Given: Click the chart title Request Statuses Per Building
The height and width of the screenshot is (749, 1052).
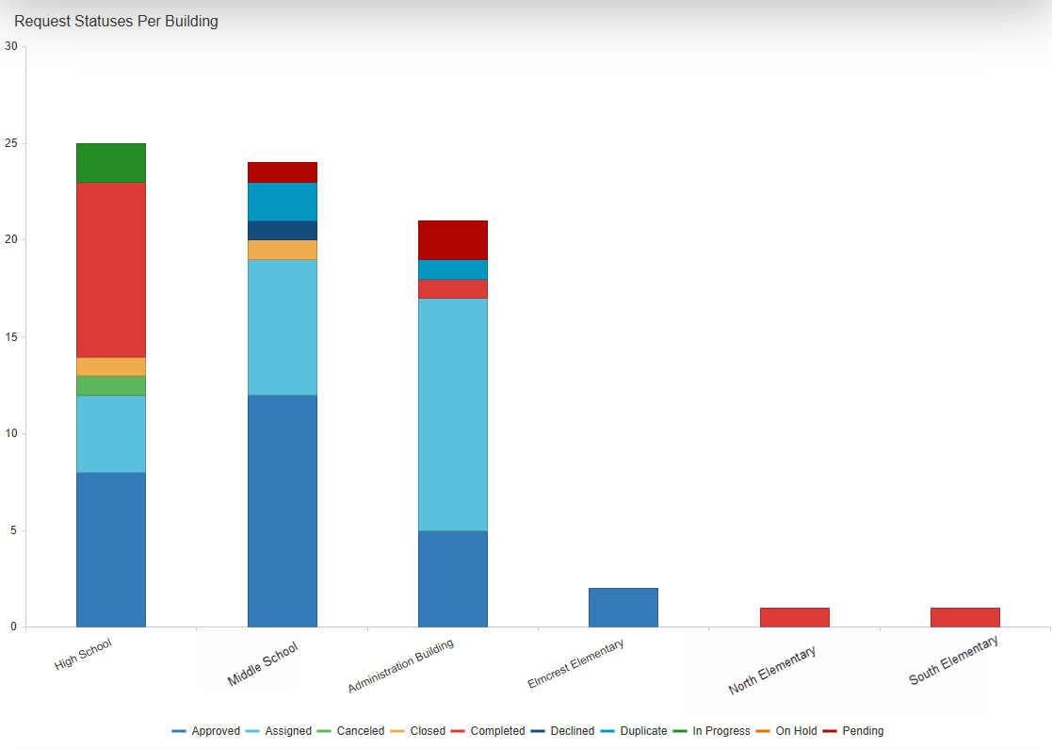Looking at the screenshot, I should (x=116, y=21).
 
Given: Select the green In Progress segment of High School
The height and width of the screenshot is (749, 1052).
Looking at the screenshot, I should (x=111, y=163).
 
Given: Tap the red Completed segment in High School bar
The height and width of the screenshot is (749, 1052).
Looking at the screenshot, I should (x=111, y=269).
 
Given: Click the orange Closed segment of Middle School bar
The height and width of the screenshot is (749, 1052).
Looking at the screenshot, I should (x=283, y=250).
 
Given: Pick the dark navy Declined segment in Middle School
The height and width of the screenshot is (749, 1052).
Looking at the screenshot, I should (x=283, y=231).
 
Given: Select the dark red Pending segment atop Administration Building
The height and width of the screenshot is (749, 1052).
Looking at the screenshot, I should (x=453, y=240).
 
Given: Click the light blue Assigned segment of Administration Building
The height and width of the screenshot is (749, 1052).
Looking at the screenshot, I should (x=453, y=415).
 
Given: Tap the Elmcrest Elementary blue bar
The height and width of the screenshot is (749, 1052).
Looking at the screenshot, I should (x=623, y=608).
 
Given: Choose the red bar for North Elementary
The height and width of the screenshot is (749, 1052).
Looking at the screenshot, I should (x=794, y=617).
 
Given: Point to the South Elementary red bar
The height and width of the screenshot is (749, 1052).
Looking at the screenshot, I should (x=964, y=617).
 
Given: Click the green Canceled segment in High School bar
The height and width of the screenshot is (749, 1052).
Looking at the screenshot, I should (x=111, y=385).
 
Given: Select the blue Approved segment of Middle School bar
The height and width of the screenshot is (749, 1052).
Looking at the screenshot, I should (x=283, y=511).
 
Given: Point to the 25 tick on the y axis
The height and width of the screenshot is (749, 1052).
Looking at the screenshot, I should (x=11, y=144).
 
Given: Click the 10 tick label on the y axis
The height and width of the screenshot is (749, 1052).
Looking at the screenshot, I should (x=11, y=433).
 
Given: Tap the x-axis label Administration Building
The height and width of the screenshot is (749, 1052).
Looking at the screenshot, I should (x=401, y=665).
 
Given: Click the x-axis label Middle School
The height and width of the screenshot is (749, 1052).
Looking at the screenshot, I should (x=263, y=663).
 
